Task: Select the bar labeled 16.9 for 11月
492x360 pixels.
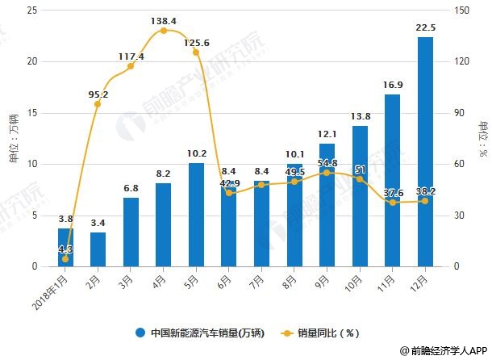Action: (x=392, y=181)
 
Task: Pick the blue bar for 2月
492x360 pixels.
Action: (x=98, y=249)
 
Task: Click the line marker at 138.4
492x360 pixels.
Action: (x=164, y=31)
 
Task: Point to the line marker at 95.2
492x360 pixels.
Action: (x=98, y=104)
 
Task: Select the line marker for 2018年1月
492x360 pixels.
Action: (x=65, y=259)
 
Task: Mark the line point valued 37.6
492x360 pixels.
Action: (x=392, y=203)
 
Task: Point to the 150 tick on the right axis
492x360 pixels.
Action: (x=461, y=10)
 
